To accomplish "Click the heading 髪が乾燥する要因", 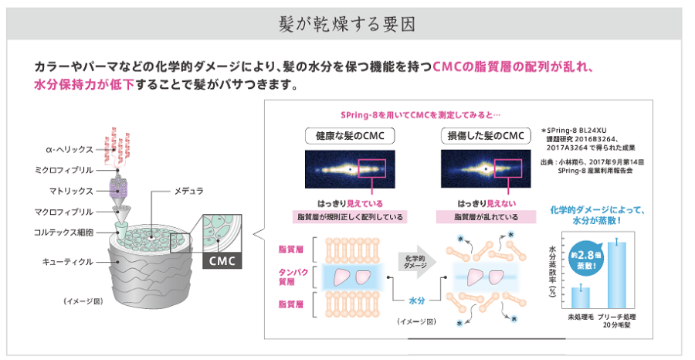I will pyautogui.click(x=347, y=23).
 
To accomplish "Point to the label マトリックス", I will pyautogui.click(x=69, y=190).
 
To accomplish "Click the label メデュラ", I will pyautogui.click(x=188, y=189).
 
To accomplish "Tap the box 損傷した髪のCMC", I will pyautogui.click(x=476, y=137).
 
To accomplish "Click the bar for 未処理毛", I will pyautogui.click(x=580, y=297).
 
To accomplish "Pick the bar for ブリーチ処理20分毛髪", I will pyautogui.click(x=617, y=274).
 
